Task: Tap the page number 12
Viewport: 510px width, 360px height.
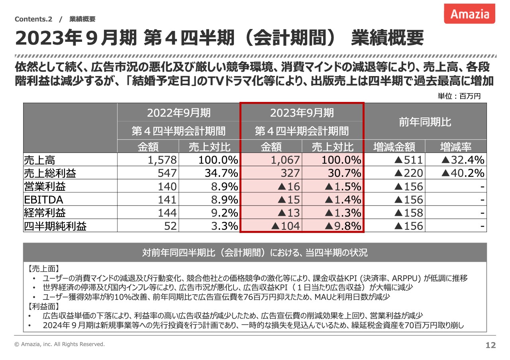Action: click(490, 345)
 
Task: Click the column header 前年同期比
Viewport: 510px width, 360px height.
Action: click(425, 122)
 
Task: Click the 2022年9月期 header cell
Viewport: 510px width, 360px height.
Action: click(179, 113)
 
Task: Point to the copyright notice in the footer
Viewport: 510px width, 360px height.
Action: click(59, 344)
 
